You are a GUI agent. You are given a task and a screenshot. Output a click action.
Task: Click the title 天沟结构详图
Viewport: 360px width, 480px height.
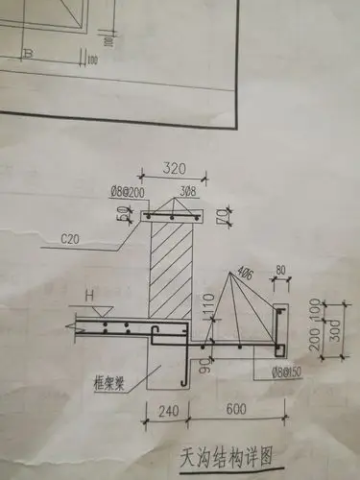(x=225, y=452)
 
